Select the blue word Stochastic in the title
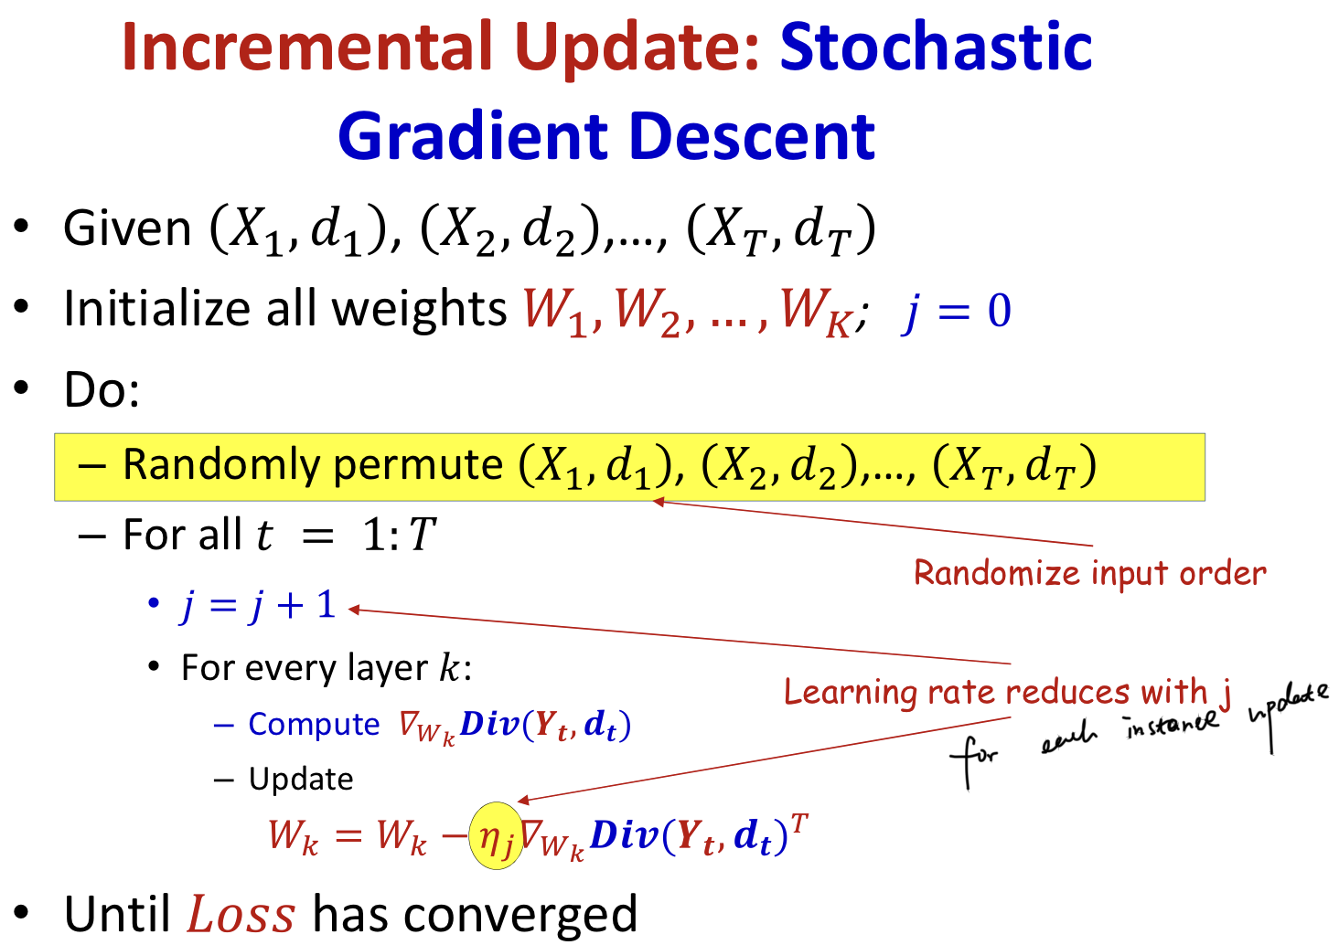pyautogui.click(x=936, y=46)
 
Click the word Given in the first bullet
pyautogui.click(x=127, y=228)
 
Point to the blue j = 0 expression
pyautogui.click(x=956, y=313)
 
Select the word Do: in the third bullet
pyautogui.click(x=102, y=389)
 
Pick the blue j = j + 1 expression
pyautogui.click(x=258, y=606)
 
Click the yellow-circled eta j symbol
pyautogui.click(x=496, y=835)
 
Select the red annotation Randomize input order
pyautogui.click(x=1089, y=573)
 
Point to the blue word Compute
pyautogui.click(x=314, y=724)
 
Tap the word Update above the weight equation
pyautogui.click(x=301, y=780)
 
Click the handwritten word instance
pyautogui.click(x=1172, y=724)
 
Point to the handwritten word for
pyautogui.click(x=973, y=761)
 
